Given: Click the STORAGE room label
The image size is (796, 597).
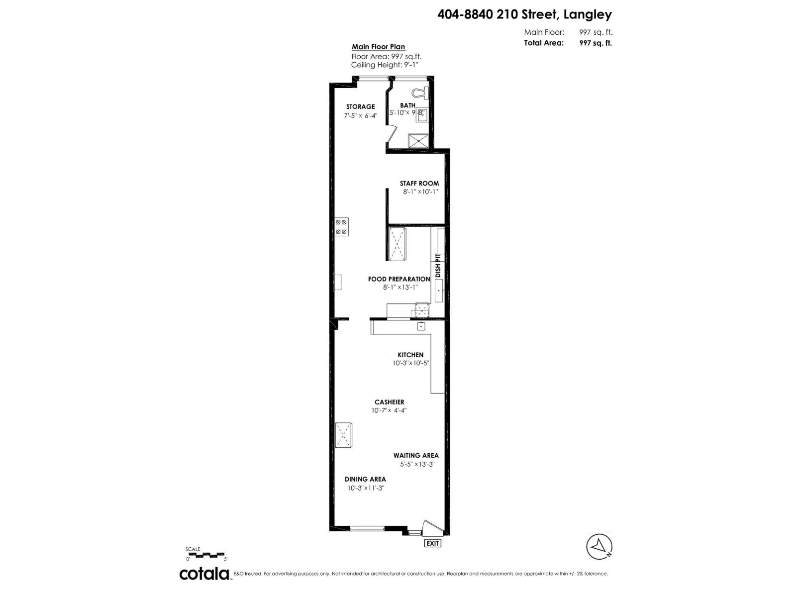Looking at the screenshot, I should (360, 106).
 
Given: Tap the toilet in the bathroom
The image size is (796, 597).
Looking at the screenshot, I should (421, 92).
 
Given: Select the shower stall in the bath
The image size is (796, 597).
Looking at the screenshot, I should (418, 141).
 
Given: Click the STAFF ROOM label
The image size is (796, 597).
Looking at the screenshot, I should (419, 183).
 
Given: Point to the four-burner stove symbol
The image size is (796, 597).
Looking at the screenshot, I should (341, 227).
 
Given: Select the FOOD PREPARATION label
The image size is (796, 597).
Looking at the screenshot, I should (399, 279).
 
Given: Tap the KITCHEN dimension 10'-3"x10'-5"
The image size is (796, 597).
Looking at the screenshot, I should (410, 363).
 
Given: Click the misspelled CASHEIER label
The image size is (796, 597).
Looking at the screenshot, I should (389, 402).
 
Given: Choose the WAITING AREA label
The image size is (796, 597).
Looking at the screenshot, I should (416, 455).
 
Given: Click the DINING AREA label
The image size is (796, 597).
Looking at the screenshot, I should (365, 479).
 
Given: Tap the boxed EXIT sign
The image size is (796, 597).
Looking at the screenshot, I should (432, 543).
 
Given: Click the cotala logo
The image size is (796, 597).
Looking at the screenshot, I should (204, 573).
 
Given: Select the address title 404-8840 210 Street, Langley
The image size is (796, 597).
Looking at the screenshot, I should (524, 15).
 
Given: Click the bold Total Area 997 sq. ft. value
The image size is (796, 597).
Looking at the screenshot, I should (595, 43).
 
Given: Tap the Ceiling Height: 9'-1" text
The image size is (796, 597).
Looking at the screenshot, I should (383, 65).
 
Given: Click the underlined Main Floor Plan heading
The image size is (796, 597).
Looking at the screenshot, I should (378, 47).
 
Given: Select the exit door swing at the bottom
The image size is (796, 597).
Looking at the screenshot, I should (429, 528).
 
